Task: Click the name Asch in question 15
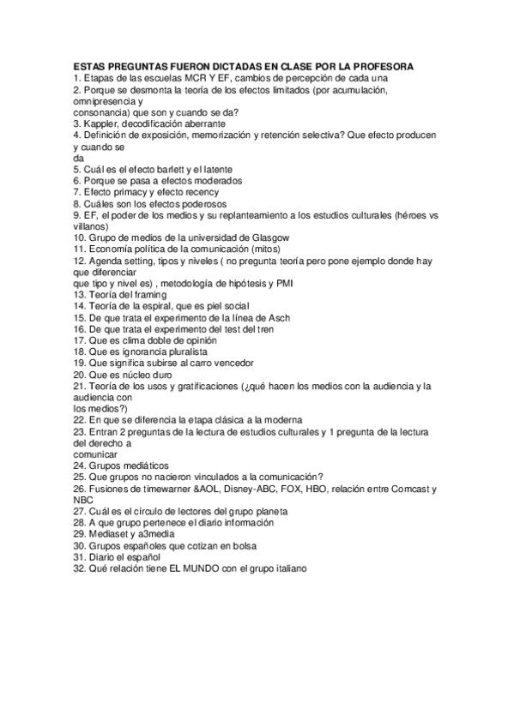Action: click(279, 317)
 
